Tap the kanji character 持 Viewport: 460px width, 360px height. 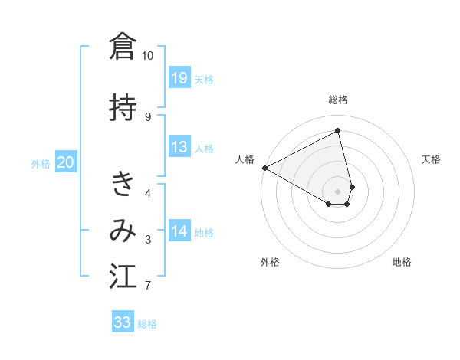[x=123, y=107]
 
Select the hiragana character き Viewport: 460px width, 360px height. [x=123, y=184]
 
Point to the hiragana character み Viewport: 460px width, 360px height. [x=123, y=231]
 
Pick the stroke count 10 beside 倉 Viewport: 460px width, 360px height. [x=148, y=55]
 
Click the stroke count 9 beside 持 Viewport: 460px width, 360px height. [x=148, y=116]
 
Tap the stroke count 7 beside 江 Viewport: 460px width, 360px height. [x=148, y=286]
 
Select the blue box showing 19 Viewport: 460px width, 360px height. [x=179, y=78]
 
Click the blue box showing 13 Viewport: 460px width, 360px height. [x=179, y=148]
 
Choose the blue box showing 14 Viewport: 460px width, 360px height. [x=179, y=231]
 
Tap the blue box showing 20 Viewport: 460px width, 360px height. [x=65, y=162]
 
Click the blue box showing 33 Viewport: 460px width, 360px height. [x=123, y=323]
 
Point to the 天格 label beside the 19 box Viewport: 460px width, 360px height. [x=204, y=80]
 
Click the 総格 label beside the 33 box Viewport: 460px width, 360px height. [x=147, y=324]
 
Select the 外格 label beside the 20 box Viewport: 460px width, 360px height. [x=41, y=163]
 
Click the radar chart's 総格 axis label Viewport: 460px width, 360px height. [x=338, y=100]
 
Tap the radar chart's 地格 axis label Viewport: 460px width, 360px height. [x=402, y=262]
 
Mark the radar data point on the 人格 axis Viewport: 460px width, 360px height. [x=264, y=168]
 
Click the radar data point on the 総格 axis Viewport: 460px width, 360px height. [x=338, y=131]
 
